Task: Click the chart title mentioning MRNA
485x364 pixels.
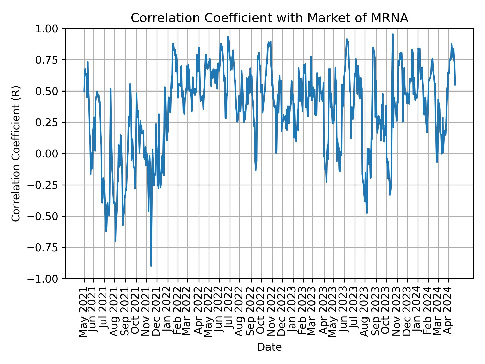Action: (x=269, y=18)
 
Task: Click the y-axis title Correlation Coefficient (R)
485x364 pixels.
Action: (x=16, y=153)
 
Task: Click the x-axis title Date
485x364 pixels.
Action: (x=269, y=347)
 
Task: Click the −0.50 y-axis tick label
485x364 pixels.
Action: (x=47, y=216)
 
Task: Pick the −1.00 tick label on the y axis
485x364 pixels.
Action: (x=47, y=279)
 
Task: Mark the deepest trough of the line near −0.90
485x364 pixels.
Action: (x=151, y=266)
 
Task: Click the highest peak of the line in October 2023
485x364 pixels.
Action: (x=393, y=34)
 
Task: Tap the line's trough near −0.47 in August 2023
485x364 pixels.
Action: (x=367, y=213)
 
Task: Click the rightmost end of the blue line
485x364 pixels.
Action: (x=455, y=85)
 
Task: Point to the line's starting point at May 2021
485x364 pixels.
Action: (x=84, y=92)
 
